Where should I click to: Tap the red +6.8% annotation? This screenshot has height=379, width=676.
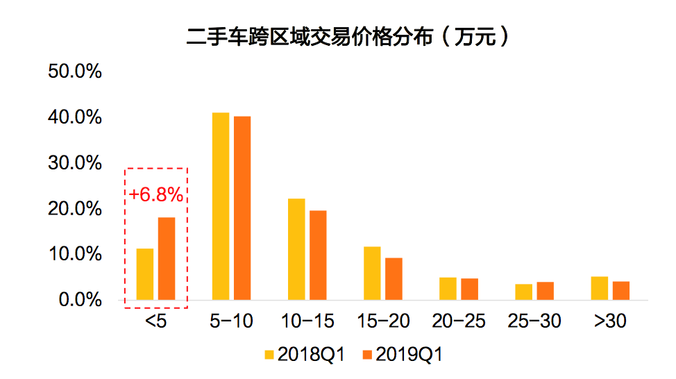click(156, 195)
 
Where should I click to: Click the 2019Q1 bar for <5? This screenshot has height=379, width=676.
click(167, 259)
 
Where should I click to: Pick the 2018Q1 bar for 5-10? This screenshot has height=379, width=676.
click(221, 206)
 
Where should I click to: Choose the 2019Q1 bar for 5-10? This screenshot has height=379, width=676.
click(242, 208)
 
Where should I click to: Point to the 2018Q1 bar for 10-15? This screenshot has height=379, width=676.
click(296, 249)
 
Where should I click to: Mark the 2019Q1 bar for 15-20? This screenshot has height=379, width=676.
click(394, 279)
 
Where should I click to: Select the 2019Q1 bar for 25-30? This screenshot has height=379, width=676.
click(545, 291)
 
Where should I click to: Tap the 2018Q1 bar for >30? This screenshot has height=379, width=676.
click(599, 288)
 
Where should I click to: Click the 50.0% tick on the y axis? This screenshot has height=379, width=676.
click(75, 72)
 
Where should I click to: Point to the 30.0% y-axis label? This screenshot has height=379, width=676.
click(75, 164)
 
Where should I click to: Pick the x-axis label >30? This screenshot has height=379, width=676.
click(610, 321)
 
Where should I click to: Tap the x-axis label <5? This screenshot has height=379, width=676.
click(155, 321)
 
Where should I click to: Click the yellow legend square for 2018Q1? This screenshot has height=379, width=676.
click(269, 355)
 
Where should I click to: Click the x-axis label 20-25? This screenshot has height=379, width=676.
click(459, 321)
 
